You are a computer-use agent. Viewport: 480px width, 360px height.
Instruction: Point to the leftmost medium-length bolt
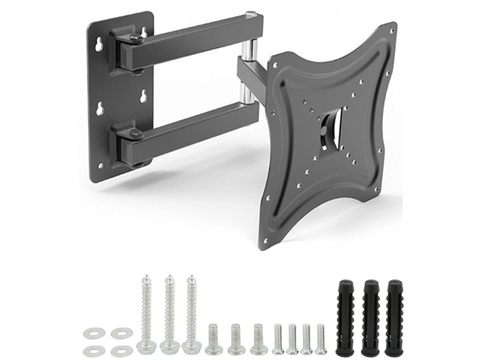coord(214,339)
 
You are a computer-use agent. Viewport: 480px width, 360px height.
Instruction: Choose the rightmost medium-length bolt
coord(259,339)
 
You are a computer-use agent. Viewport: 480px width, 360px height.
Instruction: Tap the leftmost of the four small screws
coord(278,339)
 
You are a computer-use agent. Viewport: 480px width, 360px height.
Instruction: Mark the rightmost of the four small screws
coord(321,339)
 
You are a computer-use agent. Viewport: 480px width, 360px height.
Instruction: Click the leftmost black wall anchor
coord(345,317)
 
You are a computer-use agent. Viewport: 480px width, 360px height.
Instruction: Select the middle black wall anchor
coord(371,317)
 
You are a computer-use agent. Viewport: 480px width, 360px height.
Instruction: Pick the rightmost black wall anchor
coord(394,317)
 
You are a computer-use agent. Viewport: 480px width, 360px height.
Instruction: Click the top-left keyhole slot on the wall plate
coord(99,45)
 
